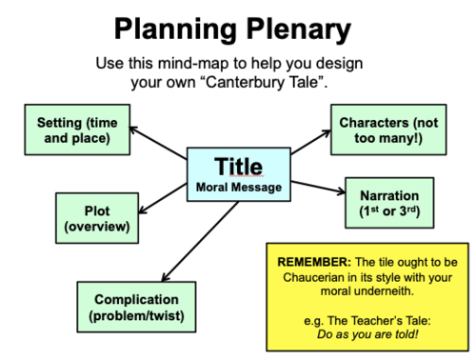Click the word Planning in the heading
[175, 30]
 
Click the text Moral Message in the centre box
[238, 187]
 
